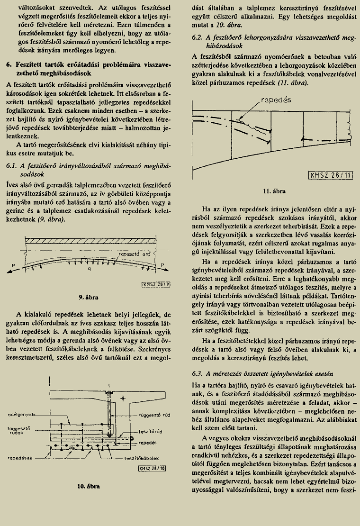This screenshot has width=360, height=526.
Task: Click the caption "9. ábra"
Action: click(x=89, y=297)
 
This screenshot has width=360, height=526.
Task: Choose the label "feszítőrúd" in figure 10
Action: click(x=151, y=433)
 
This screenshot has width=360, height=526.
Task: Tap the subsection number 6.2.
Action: click(x=198, y=37)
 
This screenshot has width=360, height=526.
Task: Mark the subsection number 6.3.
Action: click(x=198, y=374)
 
